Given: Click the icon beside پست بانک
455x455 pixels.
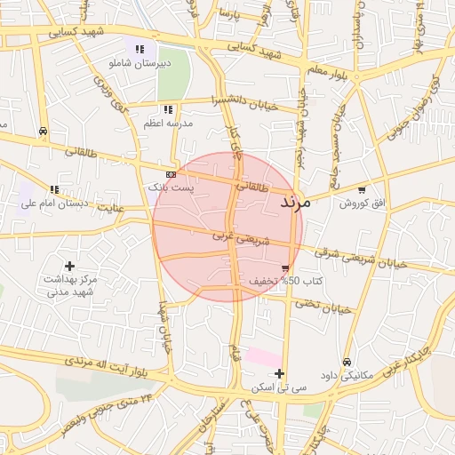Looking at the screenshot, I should click(x=171, y=174).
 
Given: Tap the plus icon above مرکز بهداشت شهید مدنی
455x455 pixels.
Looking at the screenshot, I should click(x=70, y=266).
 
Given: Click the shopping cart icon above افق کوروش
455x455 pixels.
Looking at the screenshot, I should click(x=362, y=189).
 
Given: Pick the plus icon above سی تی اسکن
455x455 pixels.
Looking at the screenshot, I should click(x=280, y=373).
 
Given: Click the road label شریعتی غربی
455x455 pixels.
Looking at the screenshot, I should click(x=234, y=237).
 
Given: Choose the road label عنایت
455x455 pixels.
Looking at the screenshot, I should click(x=110, y=207).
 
